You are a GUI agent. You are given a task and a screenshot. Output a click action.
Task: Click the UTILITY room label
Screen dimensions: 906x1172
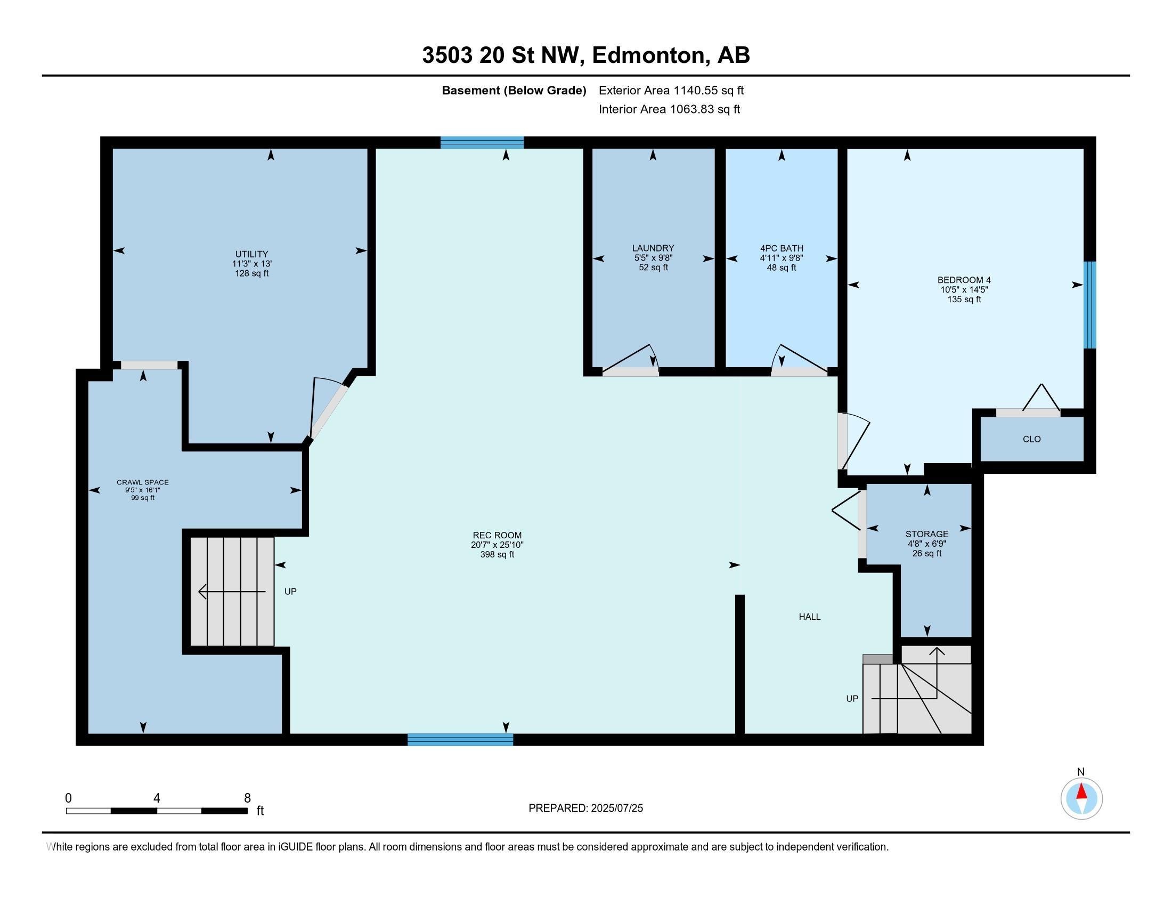point(251,254)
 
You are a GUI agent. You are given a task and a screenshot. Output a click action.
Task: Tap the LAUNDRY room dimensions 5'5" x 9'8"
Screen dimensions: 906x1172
point(653,257)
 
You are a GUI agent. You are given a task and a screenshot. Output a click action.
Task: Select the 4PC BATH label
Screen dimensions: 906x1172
point(782,248)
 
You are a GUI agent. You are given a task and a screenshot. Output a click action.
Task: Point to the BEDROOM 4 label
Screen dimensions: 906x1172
point(964,280)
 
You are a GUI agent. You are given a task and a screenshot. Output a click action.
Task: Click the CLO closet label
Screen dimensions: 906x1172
point(1031,439)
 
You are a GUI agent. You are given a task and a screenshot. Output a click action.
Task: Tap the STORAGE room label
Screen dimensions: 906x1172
point(927,534)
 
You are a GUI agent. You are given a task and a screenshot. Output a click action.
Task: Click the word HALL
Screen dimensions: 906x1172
point(809,617)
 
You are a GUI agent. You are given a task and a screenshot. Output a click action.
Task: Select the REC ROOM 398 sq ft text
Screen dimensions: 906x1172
point(497,554)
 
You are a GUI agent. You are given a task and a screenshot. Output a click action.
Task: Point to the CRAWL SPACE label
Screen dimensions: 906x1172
point(143,482)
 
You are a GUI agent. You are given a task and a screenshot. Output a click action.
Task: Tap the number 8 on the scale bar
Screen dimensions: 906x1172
point(247,798)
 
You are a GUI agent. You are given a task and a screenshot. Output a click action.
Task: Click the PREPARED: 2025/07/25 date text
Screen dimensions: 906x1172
point(585,808)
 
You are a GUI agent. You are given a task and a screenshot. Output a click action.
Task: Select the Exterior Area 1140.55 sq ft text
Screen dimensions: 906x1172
point(671,90)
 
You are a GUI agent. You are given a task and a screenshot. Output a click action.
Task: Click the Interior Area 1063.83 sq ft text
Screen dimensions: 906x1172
point(669,109)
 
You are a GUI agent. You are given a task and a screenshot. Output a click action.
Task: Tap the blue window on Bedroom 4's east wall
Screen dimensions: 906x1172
point(1089,305)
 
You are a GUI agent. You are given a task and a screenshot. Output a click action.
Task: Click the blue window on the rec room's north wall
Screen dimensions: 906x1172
point(482,142)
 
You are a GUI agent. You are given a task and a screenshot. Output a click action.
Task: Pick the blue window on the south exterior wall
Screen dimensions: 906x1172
point(460,740)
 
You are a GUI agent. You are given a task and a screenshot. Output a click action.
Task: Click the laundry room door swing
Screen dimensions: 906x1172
point(633,360)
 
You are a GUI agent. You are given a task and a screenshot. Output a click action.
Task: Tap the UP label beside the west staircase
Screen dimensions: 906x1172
point(290,592)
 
